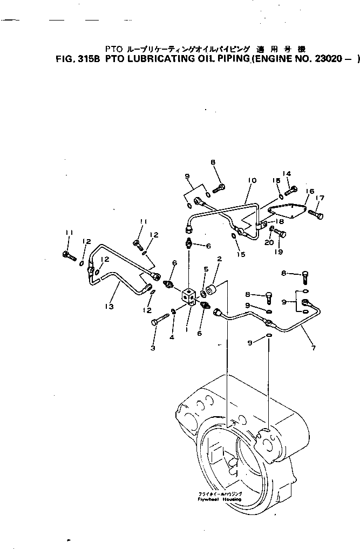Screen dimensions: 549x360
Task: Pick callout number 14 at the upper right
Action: (x=288, y=174)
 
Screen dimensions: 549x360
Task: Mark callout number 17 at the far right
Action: (x=320, y=198)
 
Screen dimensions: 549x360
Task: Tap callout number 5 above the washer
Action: (x=205, y=269)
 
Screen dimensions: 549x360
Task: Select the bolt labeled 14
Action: (x=290, y=189)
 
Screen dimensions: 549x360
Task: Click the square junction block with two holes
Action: (x=188, y=297)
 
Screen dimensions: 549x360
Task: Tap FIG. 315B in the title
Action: (x=79, y=61)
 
